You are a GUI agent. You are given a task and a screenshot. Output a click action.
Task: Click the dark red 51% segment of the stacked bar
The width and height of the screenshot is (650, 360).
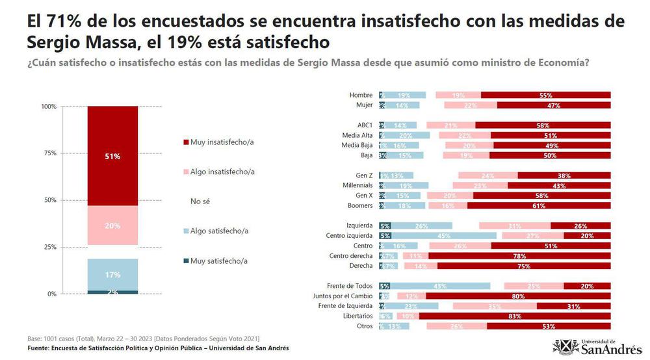pos(112,156)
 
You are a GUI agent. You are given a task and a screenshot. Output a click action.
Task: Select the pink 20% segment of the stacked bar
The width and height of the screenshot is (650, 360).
pos(112,225)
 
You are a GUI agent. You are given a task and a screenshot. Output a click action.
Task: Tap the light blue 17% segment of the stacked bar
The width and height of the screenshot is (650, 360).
pos(112,274)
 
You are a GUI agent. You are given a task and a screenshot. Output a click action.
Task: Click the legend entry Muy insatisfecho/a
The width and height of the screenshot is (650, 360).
pos(222,142)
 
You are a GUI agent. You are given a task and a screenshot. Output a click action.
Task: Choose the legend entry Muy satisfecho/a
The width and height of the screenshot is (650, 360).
pos(219,261)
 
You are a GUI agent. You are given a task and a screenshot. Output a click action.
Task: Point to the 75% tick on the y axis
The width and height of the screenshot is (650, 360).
pos(50,153)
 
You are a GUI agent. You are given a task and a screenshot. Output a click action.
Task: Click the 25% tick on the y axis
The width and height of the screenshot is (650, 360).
pos(50,247)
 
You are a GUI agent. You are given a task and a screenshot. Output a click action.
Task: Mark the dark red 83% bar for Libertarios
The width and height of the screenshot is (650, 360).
pos(515,316)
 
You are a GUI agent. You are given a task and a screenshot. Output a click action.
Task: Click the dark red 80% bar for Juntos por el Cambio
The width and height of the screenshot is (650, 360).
pos(518,296)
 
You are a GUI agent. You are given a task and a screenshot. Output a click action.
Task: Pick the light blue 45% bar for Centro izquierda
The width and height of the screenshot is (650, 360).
pos(444,235)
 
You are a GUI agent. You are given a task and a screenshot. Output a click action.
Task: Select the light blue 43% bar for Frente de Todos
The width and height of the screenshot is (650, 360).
pos(440,285)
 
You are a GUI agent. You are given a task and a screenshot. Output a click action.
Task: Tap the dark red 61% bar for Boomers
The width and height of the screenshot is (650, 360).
pos(538,205)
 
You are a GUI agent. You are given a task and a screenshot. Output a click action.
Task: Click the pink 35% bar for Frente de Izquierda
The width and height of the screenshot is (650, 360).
pos(495,305)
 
